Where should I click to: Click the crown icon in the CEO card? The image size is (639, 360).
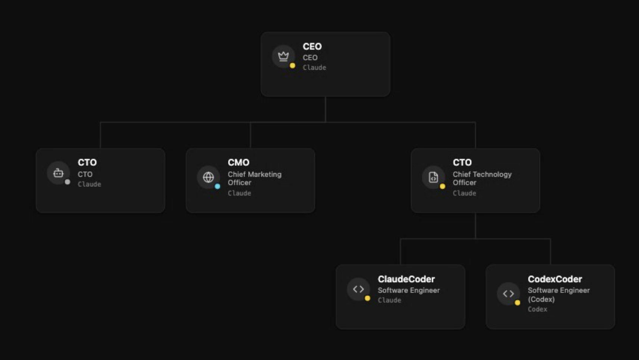click(283, 56)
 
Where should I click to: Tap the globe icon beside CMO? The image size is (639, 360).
click(208, 177)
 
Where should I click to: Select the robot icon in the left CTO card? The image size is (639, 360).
click(58, 173)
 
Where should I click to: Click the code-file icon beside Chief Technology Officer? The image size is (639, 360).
click(433, 177)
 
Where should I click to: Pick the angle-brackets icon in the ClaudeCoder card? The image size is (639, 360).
click(358, 289)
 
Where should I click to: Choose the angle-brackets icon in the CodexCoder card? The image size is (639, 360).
click(508, 293)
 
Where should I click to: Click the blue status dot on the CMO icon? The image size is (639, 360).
click(218, 186)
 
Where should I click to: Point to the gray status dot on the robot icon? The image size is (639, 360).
click(68, 182)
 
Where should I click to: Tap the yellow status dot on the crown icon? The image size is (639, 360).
click(293, 66)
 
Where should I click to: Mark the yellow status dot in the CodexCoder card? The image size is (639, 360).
click(518, 303)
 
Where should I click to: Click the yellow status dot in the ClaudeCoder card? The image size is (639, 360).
click(368, 298)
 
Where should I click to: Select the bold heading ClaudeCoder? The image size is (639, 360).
click(406, 279)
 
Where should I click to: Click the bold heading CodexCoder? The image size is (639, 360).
click(555, 279)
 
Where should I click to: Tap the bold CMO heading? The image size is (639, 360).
click(239, 163)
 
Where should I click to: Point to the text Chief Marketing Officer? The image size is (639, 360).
click(254, 178)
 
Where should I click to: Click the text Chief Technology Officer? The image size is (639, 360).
click(482, 178)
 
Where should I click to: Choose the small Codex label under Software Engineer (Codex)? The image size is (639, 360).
click(537, 309)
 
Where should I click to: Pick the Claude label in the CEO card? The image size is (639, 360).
click(314, 68)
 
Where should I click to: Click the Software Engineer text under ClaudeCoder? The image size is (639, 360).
click(409, 290)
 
